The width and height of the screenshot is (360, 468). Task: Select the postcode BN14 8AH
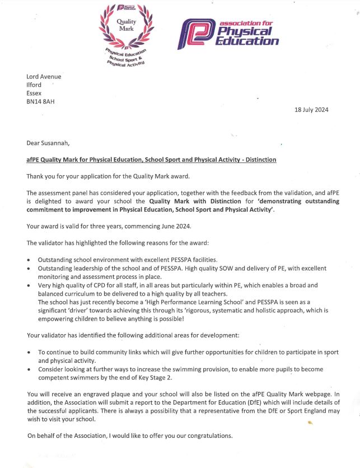coord(40,102)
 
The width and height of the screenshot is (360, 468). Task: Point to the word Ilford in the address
coord(34,85)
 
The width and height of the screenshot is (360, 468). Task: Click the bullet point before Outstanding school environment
coord(29,261)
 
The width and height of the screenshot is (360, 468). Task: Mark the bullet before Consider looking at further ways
coord(29,370)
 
